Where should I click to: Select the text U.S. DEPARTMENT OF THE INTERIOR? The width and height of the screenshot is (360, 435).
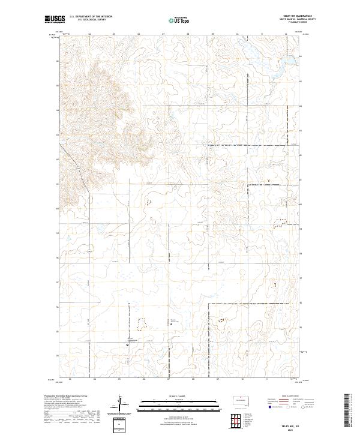click(x=91, y=17)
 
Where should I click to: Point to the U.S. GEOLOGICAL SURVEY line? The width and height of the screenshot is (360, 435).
click(x=91, y=20)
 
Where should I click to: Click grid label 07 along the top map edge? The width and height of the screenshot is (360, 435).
click(x=163, y=34)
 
